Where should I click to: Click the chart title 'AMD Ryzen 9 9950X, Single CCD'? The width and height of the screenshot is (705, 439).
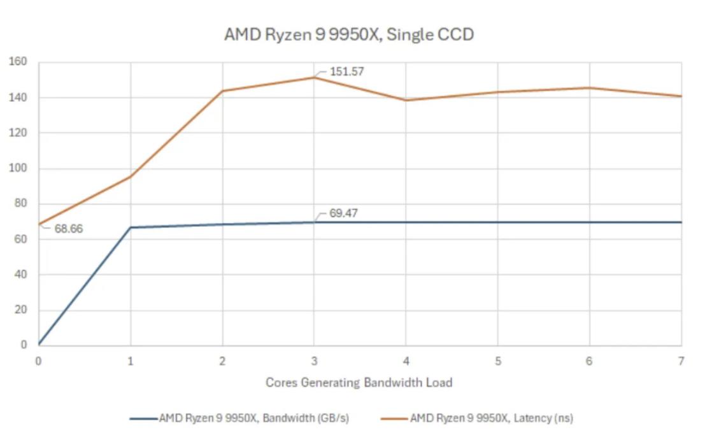pyautogui.click(x=349, y=34)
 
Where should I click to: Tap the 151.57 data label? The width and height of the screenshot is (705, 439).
pyautogui.click(x=346, y=71)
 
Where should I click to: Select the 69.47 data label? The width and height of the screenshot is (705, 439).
pyautogui.click(x=343, y=213)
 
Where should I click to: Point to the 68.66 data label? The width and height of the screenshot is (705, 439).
pyautogui.click(x=68, y=229)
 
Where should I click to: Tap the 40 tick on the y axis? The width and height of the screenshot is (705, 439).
pyautogui.click(x=20, y=275)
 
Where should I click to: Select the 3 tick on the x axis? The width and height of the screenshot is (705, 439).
pyautogui.click(x=314, y=361)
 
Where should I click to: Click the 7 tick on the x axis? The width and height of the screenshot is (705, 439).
pyautogui.click(x=681, y=361)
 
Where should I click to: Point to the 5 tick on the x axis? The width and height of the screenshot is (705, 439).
pyautogui.click(x=497, y=361)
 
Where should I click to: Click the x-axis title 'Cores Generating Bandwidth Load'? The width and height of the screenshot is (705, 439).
pyautogui.click(x=359, y=383)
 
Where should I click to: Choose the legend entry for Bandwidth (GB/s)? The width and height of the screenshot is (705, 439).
pyautogui.click(x=239, y=419)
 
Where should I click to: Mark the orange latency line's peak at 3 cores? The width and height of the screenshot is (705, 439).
pyautogui.click(x=314, y=77)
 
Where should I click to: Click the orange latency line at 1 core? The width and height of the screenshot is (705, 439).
pyautogui.click(x=131, y=176)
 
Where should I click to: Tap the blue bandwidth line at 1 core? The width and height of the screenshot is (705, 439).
pyautogui.click(x=131, y=227)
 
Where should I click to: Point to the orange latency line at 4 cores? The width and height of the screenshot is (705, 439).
pyautogui.click(x=406, y=100)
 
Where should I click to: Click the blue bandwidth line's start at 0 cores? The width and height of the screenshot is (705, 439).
pyautogui.click(x=39, y=345)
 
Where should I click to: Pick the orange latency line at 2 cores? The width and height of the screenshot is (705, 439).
pyautogui.click(x=222, y=90)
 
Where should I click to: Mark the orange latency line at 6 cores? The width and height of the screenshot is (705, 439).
pyautogui.click(x=589, y=88)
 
